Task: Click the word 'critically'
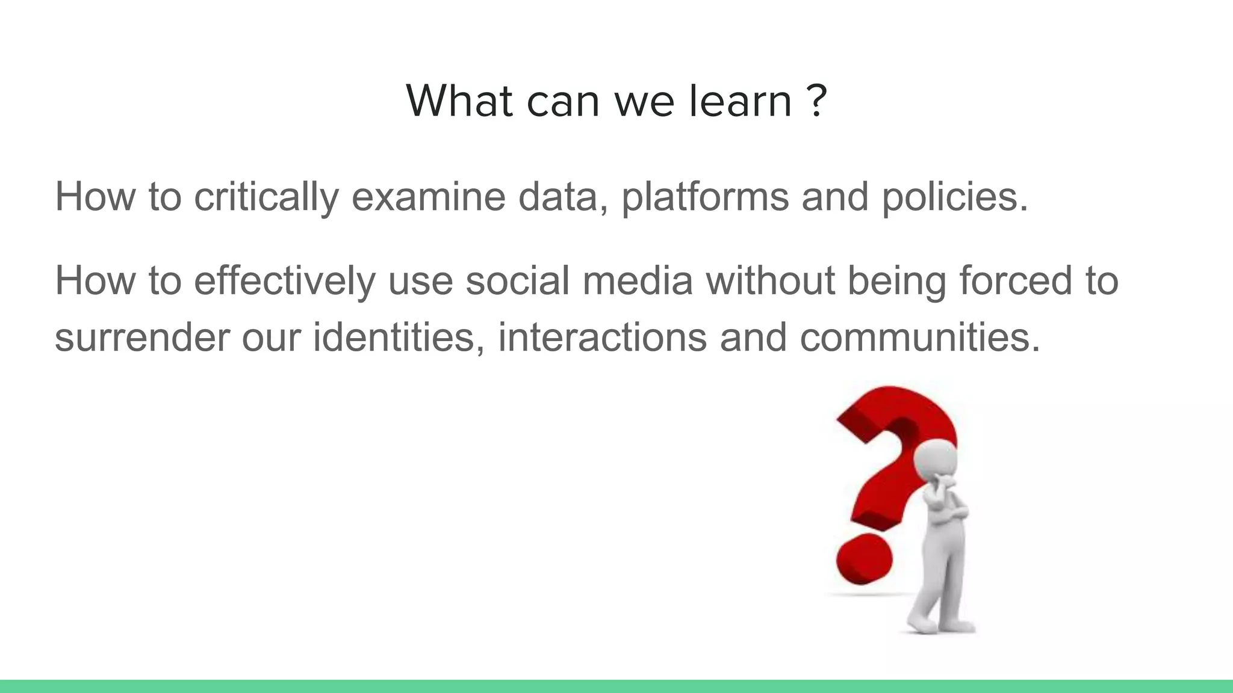[266, 197]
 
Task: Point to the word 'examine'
[428, 197]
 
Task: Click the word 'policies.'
[955, 197]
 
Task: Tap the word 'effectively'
[284, 281]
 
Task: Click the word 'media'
[637, 281]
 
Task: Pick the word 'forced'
[1015, 281]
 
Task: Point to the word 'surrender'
[142, 337]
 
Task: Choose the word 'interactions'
[602, 337]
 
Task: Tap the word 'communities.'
[919, 337]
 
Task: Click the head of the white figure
[935, 461]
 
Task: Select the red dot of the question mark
[863, 559]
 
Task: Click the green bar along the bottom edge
[616, 686]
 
